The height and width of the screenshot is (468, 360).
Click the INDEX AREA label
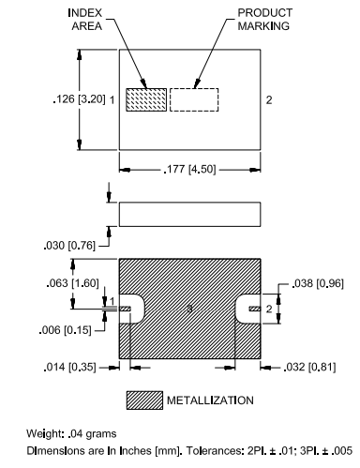pyautogui.click(x=85, y=20)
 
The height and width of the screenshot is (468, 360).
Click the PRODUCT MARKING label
pyautogui.click(x=264, y=20)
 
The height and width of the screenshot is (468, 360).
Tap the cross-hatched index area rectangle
pyautogui.click(x=146, y=99)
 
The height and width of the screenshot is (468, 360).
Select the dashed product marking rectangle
pyautogui.click(x=194, y=99)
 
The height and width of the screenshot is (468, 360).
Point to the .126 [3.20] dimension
pyautogui.click(x=79, y=99)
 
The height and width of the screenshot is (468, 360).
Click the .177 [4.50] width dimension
pyautogui.click(x=189, y=170)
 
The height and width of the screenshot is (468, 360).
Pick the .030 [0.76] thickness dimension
pyautogui.click(x=69, y=246)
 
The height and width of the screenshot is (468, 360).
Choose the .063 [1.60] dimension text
pyautogui.click(x=72, y=283)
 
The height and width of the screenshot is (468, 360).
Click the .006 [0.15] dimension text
pyautogui.click(x=65, y=330)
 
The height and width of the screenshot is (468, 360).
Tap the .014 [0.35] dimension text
pyautogui.click(x=69, y=367)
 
